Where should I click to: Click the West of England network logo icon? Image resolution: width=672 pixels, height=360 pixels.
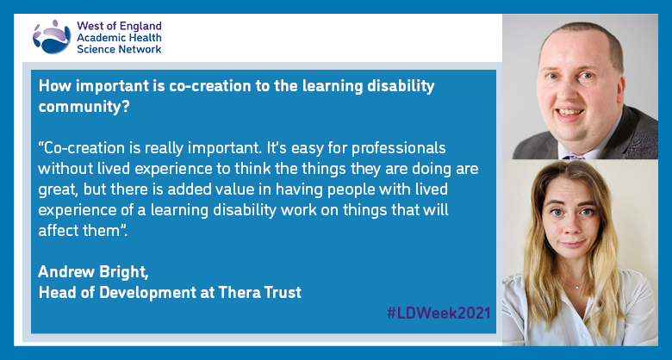point(52,36)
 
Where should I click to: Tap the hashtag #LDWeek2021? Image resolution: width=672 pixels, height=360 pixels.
point(439,313)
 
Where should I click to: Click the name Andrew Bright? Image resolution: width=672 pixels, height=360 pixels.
point(93,271)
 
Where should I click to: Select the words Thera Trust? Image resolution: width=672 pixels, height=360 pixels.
point(259,292)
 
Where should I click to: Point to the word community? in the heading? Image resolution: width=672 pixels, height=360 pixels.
point(84,107)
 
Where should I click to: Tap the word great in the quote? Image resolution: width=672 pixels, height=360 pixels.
point(58,190)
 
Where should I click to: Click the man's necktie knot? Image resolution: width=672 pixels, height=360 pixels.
point(575,157)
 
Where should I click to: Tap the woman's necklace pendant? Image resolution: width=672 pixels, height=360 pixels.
point(579,286)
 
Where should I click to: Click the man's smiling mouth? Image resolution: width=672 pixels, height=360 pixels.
point(571,113)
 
